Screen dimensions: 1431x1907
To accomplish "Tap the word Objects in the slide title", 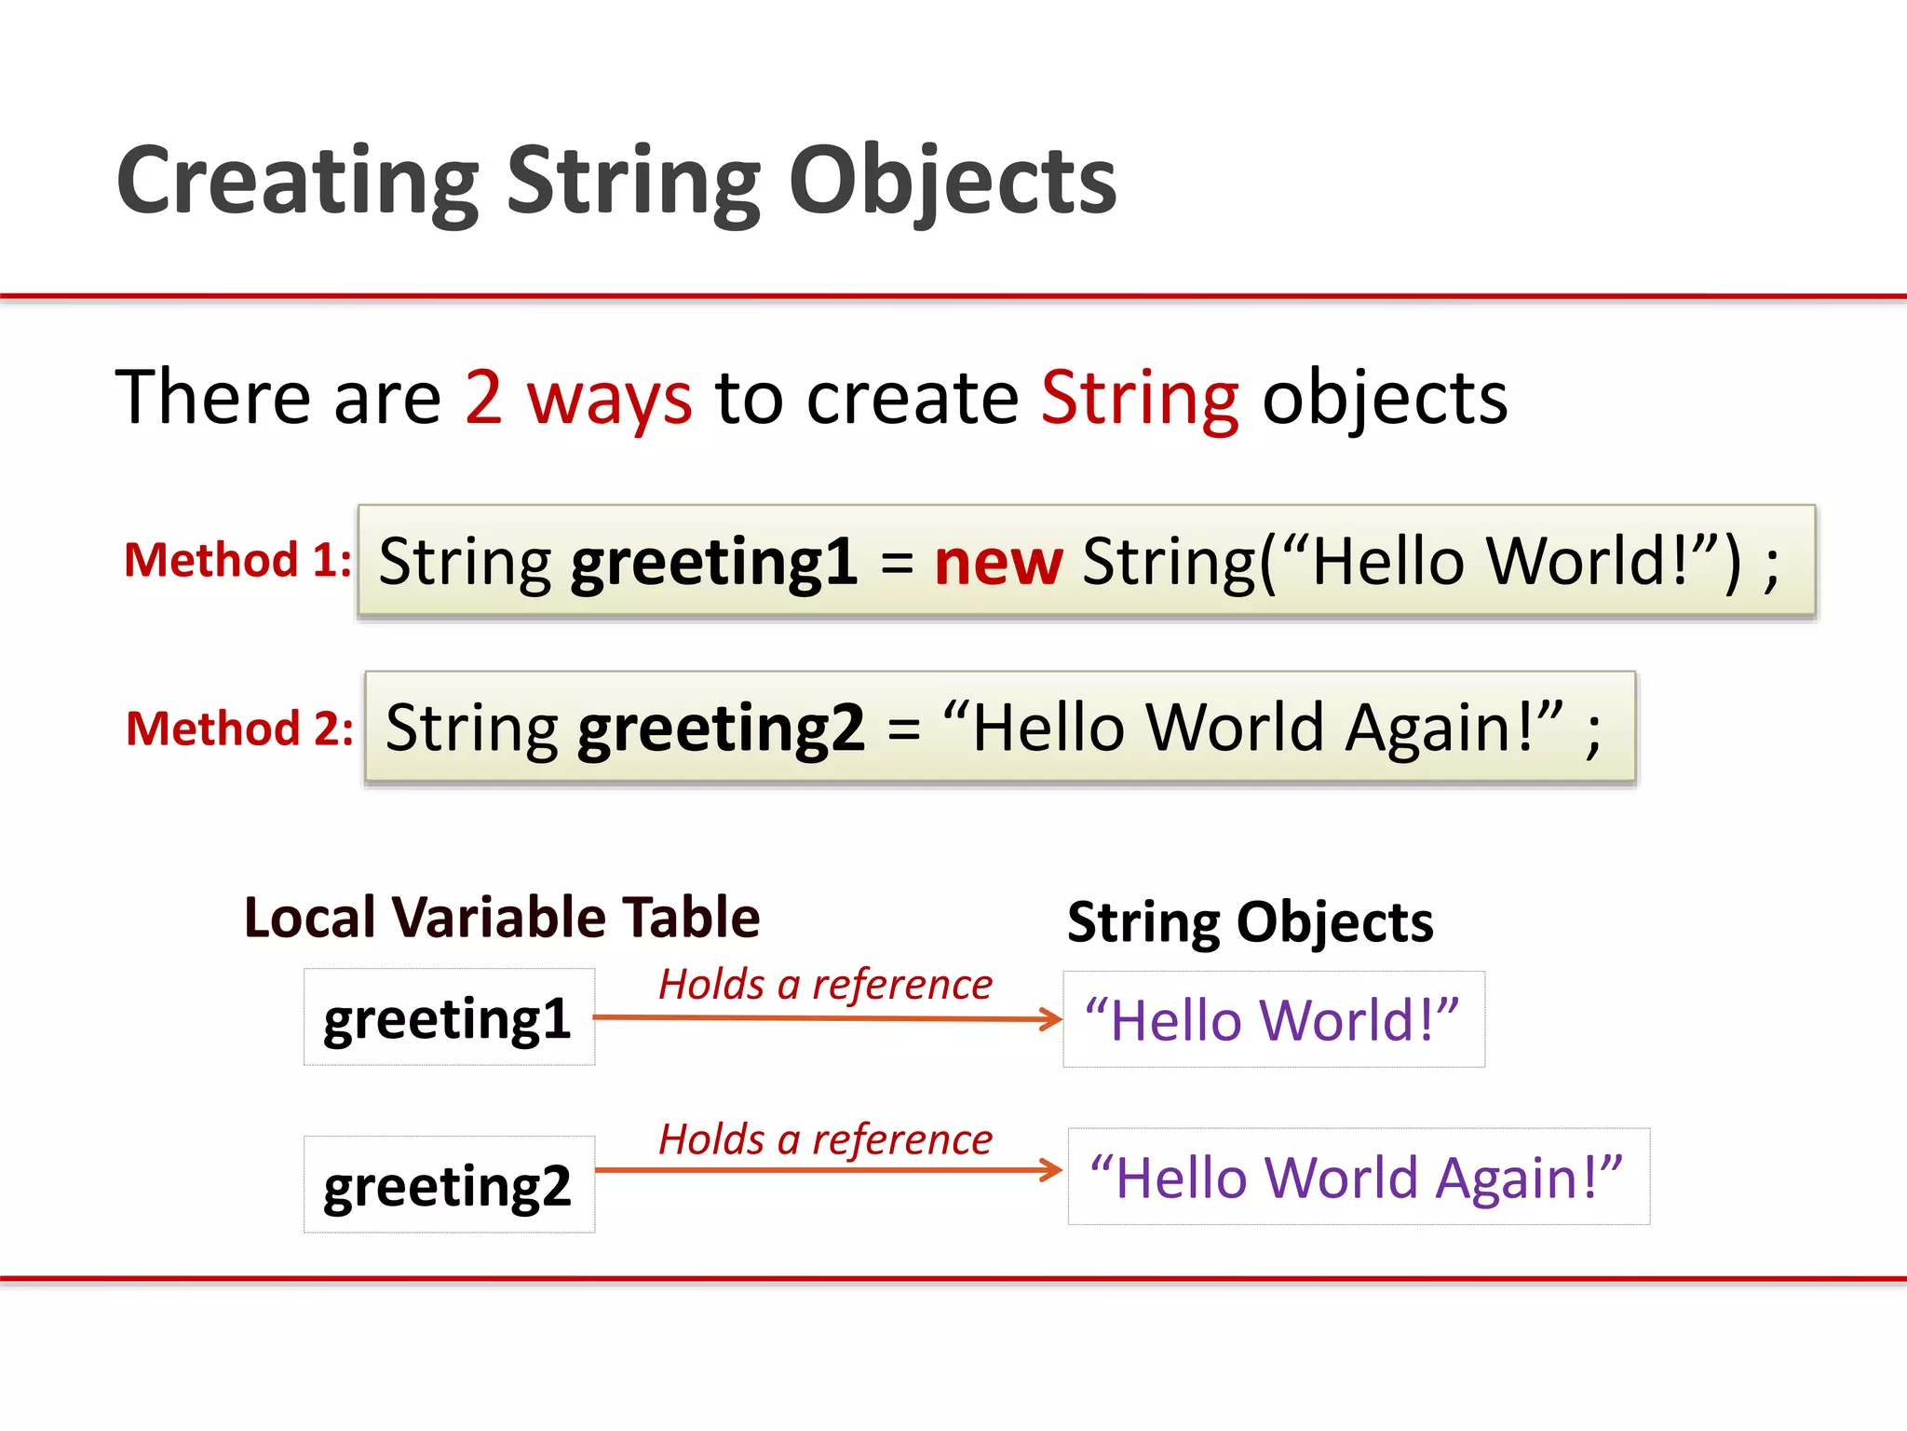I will click(x=952, y=182).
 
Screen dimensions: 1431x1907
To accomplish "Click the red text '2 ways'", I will click(x=577, y=398).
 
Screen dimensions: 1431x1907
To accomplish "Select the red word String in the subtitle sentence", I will click(x=1139, y=398).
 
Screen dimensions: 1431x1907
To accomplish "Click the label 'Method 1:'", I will click(x=237, y=561).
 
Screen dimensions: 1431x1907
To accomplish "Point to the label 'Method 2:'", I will click(x=239, y=729).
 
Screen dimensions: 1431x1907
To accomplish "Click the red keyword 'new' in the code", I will click(x=997, y=563).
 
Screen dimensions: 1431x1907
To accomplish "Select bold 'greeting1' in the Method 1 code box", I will click(x=713, y=563).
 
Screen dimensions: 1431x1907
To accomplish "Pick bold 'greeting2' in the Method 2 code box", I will click(x=721, y=729).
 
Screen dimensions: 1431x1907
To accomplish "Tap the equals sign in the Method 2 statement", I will click(x=903, y=729).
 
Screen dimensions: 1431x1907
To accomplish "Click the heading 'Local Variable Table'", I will click(x=502, y=918).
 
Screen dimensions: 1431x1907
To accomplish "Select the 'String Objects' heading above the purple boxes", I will click(x=1250, y=922).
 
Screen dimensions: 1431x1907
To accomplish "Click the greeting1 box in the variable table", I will click(x=449, y=1017).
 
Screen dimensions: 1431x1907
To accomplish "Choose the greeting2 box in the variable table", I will click(x=449, y=1185).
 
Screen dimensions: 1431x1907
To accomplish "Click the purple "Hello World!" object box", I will click(x=1273, y=1019).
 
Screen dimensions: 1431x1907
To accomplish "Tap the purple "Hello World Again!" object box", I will click(x=1358, y=1177).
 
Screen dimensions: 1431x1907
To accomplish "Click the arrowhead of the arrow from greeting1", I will click(x=1052, y=1018).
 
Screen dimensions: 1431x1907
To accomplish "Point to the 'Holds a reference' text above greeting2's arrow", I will click(x=825, y=1139).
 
